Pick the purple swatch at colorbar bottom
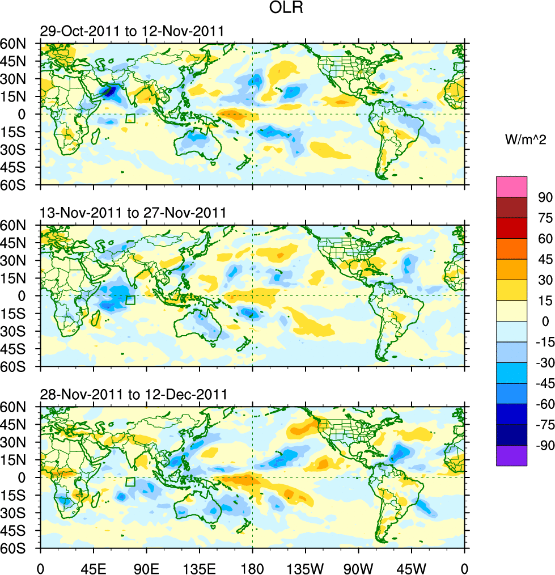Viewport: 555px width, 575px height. coord(511,455)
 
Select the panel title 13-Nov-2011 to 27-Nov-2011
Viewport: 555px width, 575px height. coord(133,213)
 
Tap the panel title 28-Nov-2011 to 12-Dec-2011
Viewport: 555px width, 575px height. coord(133,395)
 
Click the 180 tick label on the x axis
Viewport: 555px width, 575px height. coord(252,567)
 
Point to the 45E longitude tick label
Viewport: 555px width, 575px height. coord(93,567)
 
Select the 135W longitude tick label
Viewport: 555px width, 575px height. coord(305,567)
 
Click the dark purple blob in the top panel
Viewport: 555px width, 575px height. coord(108,91)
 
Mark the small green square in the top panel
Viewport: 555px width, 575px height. coord(130,118)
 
